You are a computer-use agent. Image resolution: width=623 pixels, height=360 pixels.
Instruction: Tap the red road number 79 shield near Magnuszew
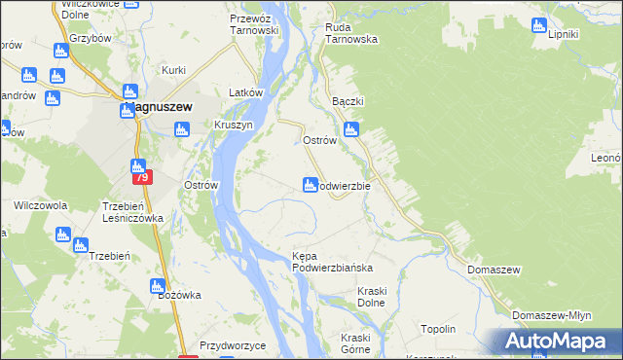pyautogui.click(x=142, y=178)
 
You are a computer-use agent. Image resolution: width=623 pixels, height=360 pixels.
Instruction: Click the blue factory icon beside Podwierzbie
pyautogui.click(x=311, y=184)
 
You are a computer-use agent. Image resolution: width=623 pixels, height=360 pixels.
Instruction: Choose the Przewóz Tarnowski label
pyautogui.click(x=254, y=24)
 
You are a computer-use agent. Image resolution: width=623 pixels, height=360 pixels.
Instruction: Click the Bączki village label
pyautogui.click(x=348, y=101)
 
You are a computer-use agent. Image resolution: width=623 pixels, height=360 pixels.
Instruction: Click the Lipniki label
pyautogui.click(x=564, y=35)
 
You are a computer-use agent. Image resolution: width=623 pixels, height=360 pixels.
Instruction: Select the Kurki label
pyautogui.click(x=174, y=70)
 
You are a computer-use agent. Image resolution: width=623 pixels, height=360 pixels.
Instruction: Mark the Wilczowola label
pyautogui.click(x=40, y=206)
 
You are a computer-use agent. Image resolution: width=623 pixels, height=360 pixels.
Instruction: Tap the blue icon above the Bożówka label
pyautogui.click(x=157, y=286)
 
